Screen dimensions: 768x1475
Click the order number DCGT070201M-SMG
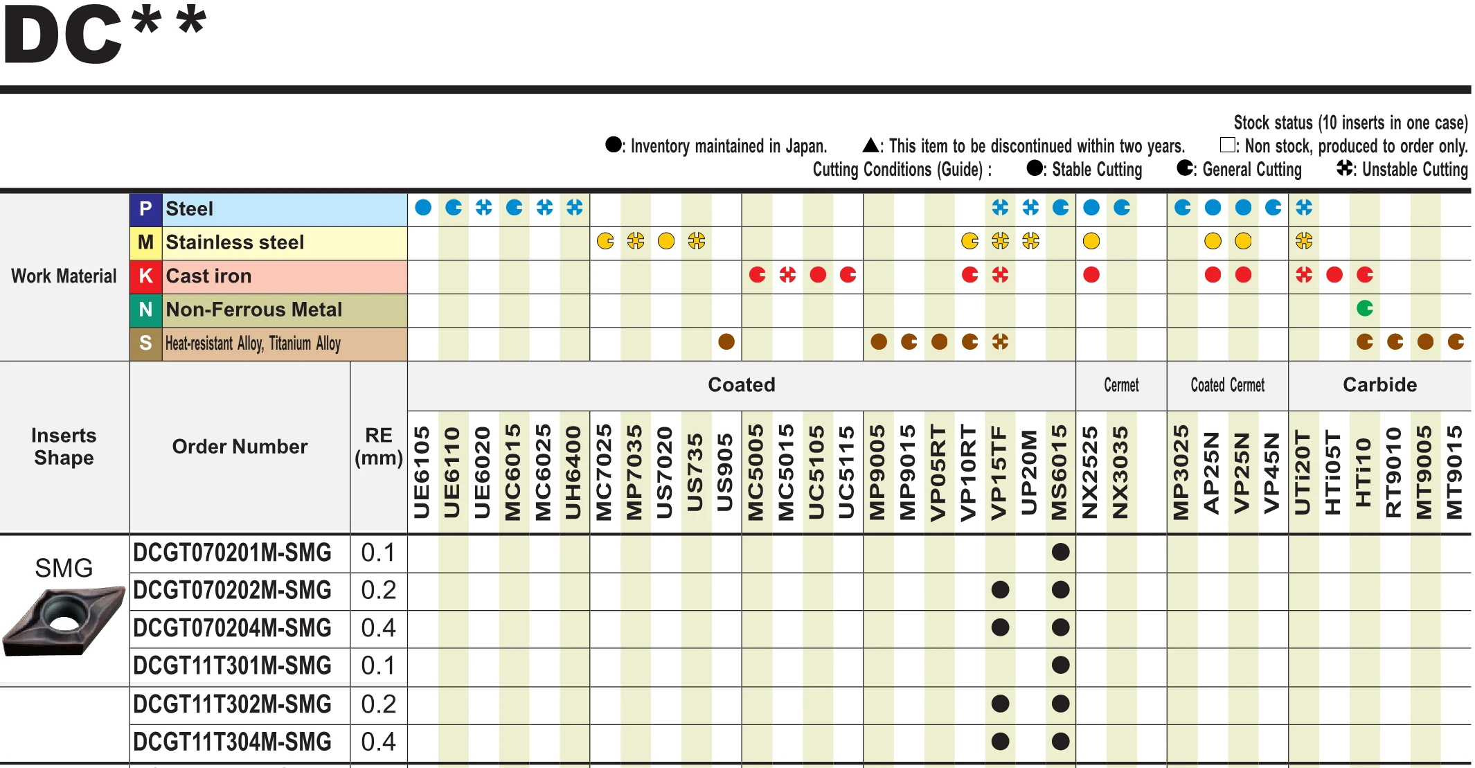pos(232,553)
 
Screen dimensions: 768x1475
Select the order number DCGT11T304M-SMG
pos(232,742)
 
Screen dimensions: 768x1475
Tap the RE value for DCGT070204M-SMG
pos(378,628)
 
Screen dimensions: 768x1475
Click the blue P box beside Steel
pos(145,208)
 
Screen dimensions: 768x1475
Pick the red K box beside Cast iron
pos(145,276)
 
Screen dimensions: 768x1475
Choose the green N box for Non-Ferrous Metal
pos(145,309)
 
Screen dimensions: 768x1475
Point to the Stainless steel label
pos(235,242)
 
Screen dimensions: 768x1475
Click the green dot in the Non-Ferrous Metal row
pos(1365,308)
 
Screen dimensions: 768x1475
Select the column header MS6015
pos(1060,472)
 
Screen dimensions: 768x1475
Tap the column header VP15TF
pos(999,472)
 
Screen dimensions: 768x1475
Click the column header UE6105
pos(422,472)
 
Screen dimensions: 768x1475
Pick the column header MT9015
pos(1455,472)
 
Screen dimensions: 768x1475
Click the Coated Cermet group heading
pos(1227,385)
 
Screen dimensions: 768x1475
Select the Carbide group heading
pos(1379,385)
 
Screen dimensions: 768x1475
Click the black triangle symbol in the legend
pos(871,145)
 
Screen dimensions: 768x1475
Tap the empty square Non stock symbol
pos(1227,145)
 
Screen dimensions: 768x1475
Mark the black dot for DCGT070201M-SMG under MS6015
pos(1060,553)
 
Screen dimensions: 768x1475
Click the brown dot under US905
pos(726,341)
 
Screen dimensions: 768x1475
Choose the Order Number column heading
pos(240,447)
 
